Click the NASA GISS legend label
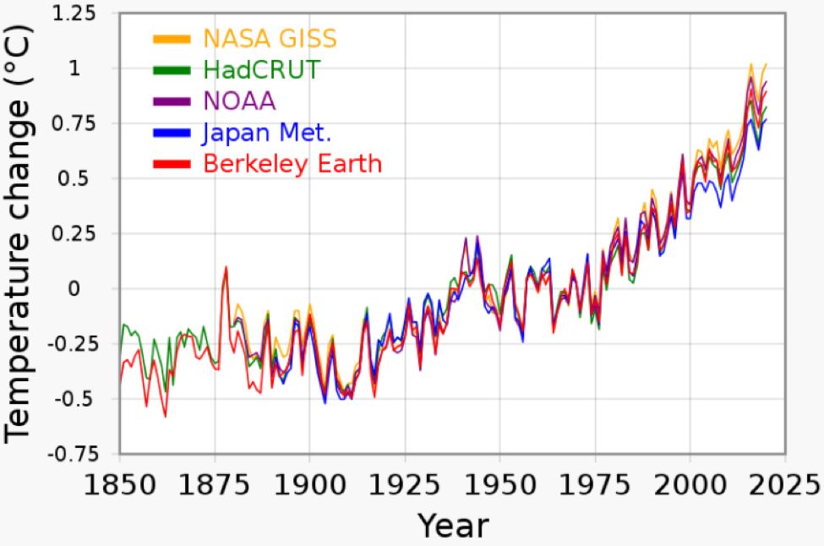[x=270, y=39]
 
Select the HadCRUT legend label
[x=261, y=69]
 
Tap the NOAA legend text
[x=239, y=101]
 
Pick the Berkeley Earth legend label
[x=292, y=163]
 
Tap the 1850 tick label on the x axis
[x=119, y=486]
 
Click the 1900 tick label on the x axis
[x=309, y=486]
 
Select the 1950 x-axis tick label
[x=499, y=486]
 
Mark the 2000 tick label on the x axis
[x=690, y=486]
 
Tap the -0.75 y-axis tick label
[x=69, y=454]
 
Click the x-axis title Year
[x=453, y=525]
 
